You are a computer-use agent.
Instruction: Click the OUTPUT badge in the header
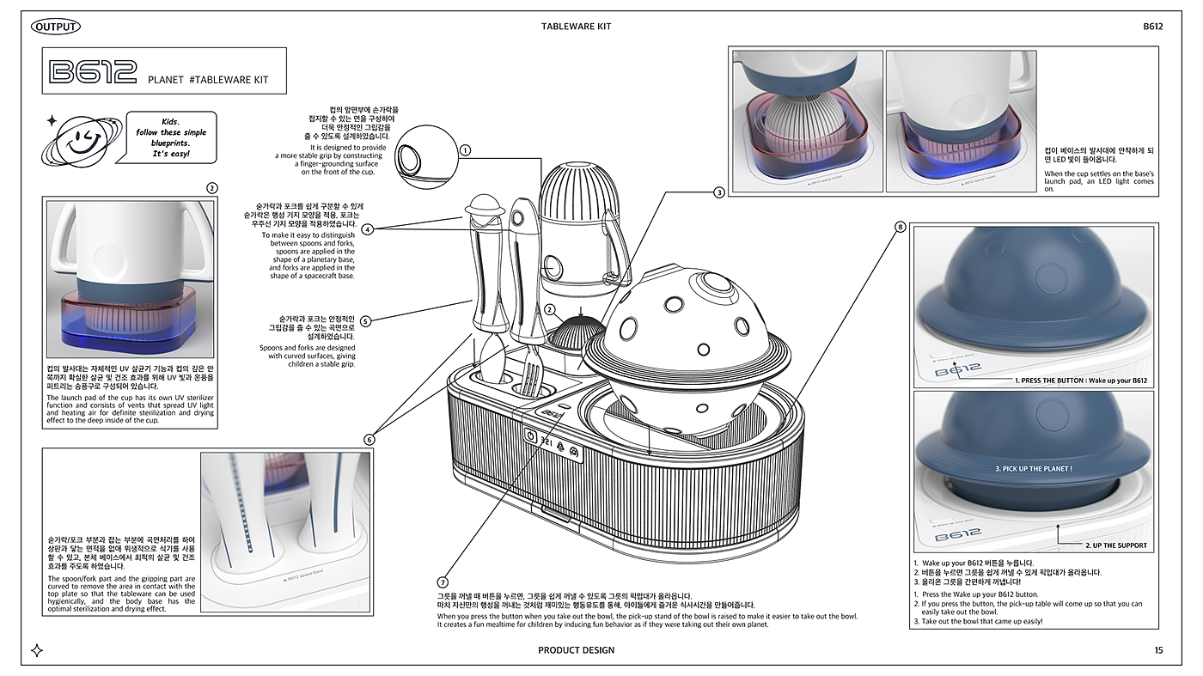[56, 27]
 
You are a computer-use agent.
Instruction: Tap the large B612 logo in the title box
[94, 72]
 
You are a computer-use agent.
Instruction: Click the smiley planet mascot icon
[82, 137]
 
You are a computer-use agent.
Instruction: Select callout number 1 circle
[465, 149]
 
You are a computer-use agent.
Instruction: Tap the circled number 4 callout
[367, 229]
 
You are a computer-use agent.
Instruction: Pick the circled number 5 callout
[366, 321]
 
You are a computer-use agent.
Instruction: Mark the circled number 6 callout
[369, 440]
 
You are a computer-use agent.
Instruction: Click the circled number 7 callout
[443, 582]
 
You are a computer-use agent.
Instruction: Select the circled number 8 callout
[901, 227]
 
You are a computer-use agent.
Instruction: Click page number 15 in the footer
[1159, 650]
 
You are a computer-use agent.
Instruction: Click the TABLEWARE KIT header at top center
[576, 27]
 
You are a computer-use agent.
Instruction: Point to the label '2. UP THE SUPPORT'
[1115, 545]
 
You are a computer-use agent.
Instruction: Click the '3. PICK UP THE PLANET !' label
[1034, 469]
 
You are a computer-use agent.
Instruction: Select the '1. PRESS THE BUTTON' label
[1081, 380]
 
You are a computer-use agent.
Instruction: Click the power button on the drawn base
[530, 435]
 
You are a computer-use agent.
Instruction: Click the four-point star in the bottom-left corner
[37, 650]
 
